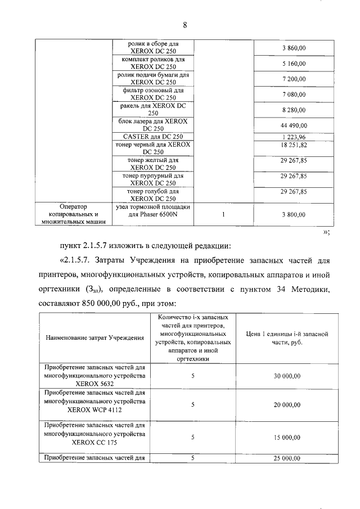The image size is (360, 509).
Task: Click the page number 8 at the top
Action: tap(184, 25)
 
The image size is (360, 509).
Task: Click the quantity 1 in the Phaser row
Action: tap(223, 214)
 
